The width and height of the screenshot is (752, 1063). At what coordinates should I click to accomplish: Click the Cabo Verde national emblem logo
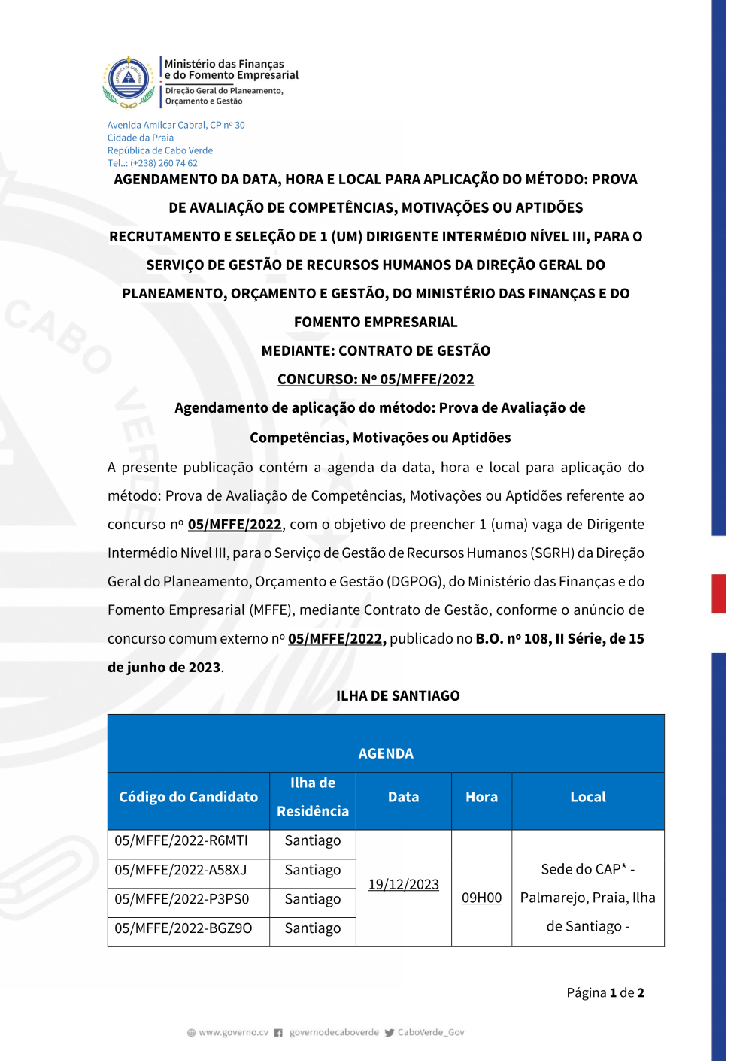129,80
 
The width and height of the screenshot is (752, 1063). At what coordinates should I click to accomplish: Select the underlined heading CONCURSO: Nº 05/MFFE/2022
375,379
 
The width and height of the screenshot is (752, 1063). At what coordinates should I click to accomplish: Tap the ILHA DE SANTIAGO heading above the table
398,695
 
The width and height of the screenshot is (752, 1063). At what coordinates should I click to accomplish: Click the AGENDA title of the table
386,753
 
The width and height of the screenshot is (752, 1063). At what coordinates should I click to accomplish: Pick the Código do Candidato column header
188,797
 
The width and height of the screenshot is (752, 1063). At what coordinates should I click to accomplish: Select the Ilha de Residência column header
313,797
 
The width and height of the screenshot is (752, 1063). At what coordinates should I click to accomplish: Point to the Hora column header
481,797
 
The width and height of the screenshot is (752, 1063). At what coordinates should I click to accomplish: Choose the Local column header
588,797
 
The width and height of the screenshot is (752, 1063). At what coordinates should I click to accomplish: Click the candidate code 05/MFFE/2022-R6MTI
180,840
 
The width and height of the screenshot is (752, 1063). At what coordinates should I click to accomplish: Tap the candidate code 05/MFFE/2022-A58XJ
180,870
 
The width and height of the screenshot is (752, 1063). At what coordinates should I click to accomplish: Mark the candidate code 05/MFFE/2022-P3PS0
181,899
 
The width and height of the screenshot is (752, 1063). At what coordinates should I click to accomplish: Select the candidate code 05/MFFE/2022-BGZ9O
183,928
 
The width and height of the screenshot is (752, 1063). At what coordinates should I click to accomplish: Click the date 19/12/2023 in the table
404,884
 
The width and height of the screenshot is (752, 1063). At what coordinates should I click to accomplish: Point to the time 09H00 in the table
481,898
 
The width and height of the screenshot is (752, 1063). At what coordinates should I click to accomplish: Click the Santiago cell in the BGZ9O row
313,928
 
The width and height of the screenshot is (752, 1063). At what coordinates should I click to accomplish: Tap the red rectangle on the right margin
719,593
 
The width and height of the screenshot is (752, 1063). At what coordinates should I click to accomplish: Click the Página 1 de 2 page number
605,992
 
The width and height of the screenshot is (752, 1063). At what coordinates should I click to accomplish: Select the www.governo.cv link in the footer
233,1033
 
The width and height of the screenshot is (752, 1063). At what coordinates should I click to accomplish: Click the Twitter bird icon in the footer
390,1033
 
